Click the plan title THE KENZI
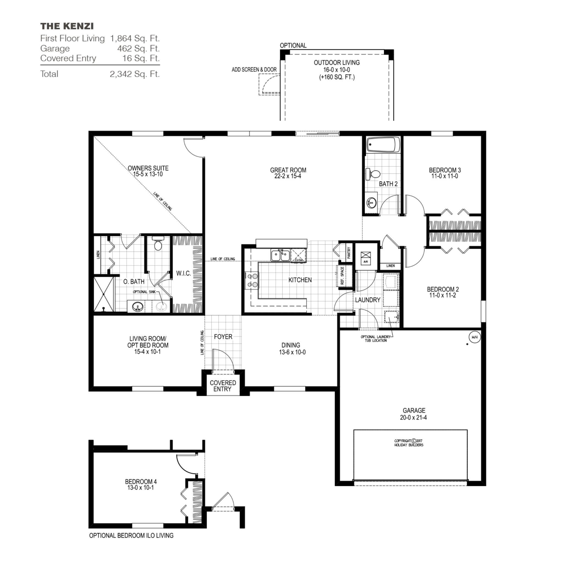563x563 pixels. [x=67, y=26]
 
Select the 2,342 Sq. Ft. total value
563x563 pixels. [x=135, y=74]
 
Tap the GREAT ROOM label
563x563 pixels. [x=288, y=170]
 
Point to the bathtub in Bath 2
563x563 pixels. [x=383, y=145]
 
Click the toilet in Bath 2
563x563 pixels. [x=373, y=174]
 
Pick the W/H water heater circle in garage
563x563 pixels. [x=474, y=337]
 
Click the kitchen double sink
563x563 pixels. [x=280, y=255]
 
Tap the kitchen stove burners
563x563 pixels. [x=252, y=280]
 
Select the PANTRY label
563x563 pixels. [x=349, y=253]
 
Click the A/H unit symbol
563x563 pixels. [x=366, y=258]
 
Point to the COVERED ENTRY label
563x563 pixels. [x=223, y=386]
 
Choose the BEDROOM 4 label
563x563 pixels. [x=141, y=481]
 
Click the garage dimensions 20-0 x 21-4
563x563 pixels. [x=413, y=418]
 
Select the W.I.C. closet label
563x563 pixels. [x=183, y=273]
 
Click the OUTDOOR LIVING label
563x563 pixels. [x=336, y=63]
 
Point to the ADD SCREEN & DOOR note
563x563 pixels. [x=254, y=70]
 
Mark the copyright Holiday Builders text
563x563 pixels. [x=409, y=443]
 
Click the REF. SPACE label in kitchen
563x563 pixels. [x=342, y=276]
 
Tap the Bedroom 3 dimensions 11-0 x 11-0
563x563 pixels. [x=445, y=176]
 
